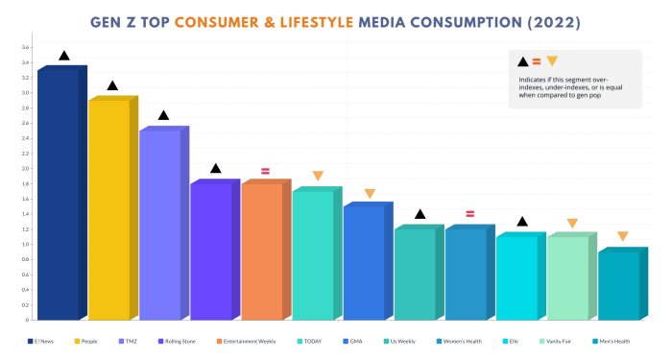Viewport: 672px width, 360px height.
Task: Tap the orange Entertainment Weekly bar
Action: pyautogui.click(x=261, y=252)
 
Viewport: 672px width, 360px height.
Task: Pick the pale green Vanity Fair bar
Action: pyautogui.click(x=566, y=278)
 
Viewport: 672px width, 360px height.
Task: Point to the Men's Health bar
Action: pyautogui.click(x=617, y=285)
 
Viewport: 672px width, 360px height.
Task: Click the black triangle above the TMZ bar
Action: pyautogui.click(x=163, y=116)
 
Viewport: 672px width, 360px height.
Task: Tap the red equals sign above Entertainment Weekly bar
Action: pyautogui.click(x=266, y=170)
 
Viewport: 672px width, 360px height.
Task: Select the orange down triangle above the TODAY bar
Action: pyautogui.click(x=318, y=177)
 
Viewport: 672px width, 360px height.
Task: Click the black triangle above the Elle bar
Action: pyautogui.click(x=522, y=222)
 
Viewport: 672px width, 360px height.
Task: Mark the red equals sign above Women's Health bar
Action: pyautogui.click(x=470, y=214)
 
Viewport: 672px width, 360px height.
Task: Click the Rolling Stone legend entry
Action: pyautogui.click(x=181, y=341)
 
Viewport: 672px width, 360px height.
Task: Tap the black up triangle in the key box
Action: pyautogui.click(x=522, y=61)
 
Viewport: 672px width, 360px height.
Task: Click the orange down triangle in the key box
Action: pyautogui.click(x=552, y=61)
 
